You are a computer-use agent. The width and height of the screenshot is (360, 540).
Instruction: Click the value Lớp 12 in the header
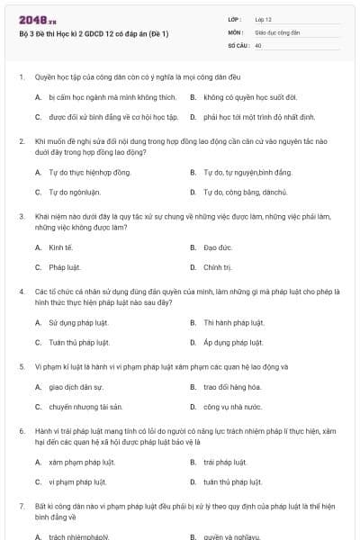point(265,19)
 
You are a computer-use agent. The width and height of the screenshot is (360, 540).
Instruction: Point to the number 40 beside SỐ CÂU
point(258,44)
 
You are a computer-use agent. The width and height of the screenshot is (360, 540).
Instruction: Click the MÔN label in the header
point(235,31)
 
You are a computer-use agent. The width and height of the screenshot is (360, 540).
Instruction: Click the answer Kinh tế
point(59,247)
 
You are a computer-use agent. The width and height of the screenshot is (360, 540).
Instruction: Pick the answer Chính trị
point(218,267)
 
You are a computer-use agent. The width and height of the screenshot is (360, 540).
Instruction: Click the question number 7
point(21,507)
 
